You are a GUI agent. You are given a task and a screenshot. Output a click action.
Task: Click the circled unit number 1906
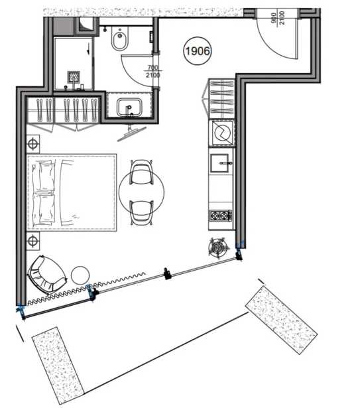198,51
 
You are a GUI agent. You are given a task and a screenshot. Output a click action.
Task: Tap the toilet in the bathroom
119,39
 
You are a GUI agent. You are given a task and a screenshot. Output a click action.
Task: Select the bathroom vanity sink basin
129,107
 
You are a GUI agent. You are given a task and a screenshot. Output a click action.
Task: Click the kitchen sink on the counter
219,163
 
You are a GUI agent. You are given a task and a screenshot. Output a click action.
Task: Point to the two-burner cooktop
221,216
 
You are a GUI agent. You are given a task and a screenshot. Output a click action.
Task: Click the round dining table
141,192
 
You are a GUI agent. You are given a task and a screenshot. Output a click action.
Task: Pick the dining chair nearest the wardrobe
141,172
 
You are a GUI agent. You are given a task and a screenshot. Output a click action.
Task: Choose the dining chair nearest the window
141,212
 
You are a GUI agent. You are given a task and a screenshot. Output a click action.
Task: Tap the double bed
72,192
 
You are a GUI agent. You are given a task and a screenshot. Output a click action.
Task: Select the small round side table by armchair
80,275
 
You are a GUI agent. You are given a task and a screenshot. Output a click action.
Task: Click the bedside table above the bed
33,144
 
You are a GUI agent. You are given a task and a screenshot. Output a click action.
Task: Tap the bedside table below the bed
33,241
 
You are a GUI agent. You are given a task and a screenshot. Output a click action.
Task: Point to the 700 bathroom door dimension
152,68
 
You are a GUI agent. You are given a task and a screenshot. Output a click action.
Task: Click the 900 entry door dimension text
274,18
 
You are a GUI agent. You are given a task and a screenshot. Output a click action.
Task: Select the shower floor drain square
74,77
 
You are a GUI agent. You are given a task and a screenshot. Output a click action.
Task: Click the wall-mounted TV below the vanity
132,133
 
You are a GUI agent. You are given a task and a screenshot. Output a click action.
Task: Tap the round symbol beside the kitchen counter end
219,248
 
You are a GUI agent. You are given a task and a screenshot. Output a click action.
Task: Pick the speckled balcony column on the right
281,320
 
